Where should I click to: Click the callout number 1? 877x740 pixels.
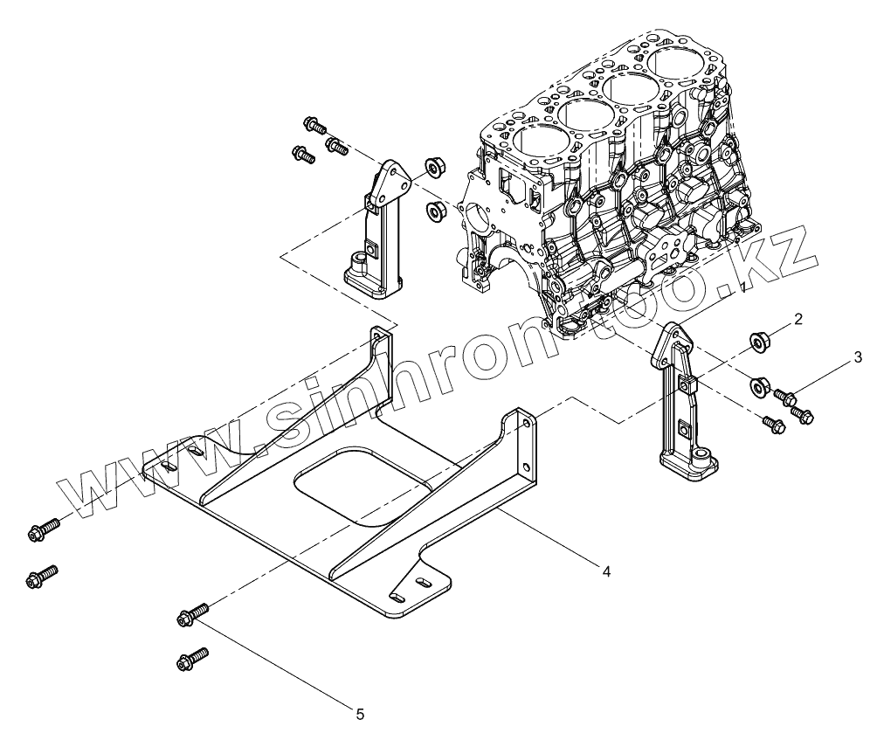pos(742,286)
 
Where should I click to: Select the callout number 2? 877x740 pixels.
pos(798,320)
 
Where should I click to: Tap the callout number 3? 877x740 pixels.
pos(858,356)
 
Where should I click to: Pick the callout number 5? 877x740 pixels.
pos(360,714)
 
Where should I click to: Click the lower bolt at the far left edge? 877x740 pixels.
pos(43,575)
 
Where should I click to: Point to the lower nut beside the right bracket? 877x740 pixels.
pos(760,384)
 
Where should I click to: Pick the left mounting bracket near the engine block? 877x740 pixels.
pos(377,232)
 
